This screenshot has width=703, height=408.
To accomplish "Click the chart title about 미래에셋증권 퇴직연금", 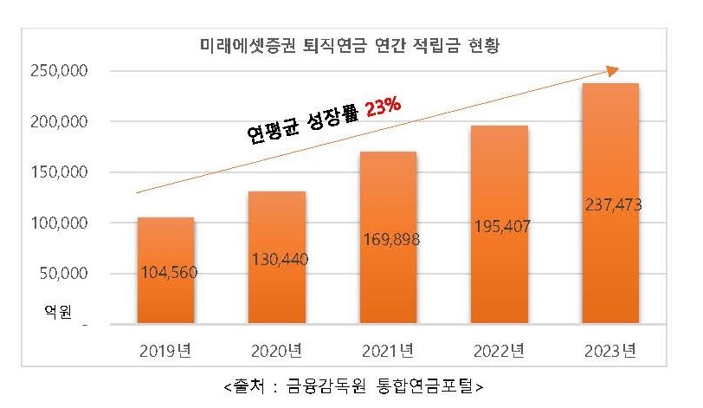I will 350,45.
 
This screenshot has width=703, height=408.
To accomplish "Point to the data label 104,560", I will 168,273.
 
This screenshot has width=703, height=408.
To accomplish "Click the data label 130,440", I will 279,258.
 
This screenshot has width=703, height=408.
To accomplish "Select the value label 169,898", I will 390,240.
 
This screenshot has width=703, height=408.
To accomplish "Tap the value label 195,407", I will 501,227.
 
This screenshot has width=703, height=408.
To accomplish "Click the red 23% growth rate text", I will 383,107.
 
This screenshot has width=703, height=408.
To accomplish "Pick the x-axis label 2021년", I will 388,350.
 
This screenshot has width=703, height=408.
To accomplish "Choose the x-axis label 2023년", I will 610,350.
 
